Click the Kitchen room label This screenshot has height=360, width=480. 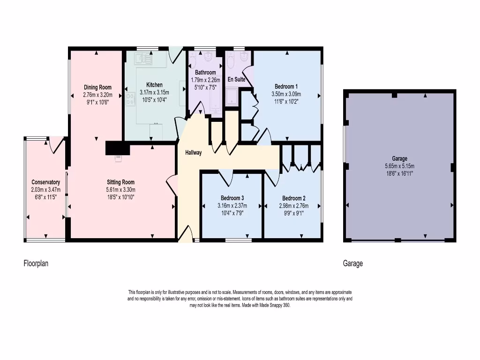pyautogui.click(x=154, y=85)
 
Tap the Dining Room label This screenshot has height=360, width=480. pyautogui.click(x=97, y=87)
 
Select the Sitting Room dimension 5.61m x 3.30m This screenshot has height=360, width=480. pyautogui.click(x=121, y=190)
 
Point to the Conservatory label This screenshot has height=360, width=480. pyautogui.click(x=45, y=182)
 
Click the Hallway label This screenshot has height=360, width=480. pyautogui.click(x=194, y=152)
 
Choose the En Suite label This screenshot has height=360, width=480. pyautogui.click(x=236, y=80)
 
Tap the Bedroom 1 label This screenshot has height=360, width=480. pyautogui.click(x=286, y=86)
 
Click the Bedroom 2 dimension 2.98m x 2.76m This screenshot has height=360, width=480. pyautogui.click(x=291, y=206)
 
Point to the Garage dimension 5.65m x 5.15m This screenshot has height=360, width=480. pyautogui.click(x=399, y=166)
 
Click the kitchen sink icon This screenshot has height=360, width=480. pyautogui.click(x=143, y=59)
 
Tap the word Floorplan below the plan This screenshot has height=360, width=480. pyautogui.click(x=36, y=263)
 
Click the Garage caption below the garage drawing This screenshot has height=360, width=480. pyautogui.click(x=353, y=263)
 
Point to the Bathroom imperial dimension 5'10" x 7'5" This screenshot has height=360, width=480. pyautogui.click(x=205, y=87)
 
